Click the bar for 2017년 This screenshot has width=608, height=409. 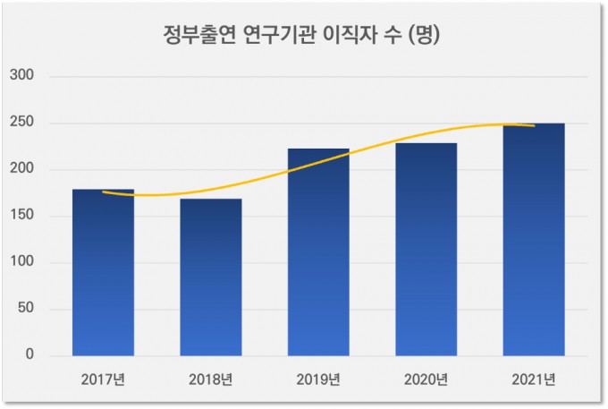click(103, 273)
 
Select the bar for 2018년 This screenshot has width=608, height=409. click(211, 277)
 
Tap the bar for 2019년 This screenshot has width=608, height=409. click(318, 252)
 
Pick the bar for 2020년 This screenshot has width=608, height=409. click(426, 250)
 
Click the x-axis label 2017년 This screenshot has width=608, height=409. click(103, 378)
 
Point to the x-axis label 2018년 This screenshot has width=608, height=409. click(211, 378)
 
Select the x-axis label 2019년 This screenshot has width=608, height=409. click(318, 378)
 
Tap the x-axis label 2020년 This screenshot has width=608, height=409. click(426, 378)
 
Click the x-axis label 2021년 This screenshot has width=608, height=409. click(534, 378)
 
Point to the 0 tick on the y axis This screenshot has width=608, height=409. click(30, 355)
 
